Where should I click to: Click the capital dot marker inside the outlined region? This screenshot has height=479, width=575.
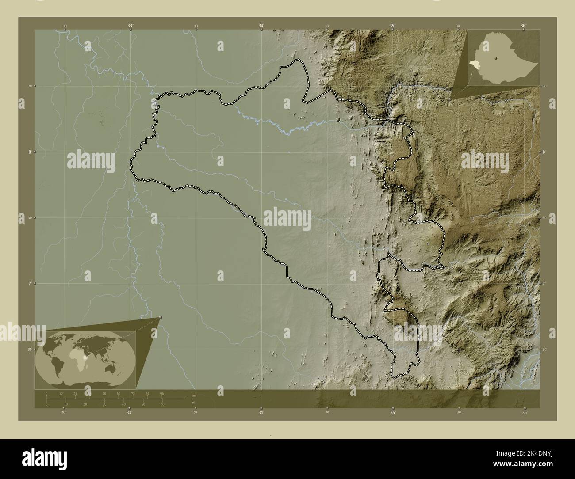coord(338,119)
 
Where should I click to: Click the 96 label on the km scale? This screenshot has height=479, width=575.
coord(162,393)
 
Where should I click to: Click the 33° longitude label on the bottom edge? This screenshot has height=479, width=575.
coord(129,413)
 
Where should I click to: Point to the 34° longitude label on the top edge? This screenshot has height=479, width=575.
coord(261,26)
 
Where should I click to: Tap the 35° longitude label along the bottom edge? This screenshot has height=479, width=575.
coord(392,413)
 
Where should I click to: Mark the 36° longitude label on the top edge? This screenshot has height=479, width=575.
coord(523,26)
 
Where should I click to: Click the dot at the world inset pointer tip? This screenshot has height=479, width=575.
coord(160,317)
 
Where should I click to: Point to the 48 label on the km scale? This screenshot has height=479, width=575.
coord(104,393)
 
